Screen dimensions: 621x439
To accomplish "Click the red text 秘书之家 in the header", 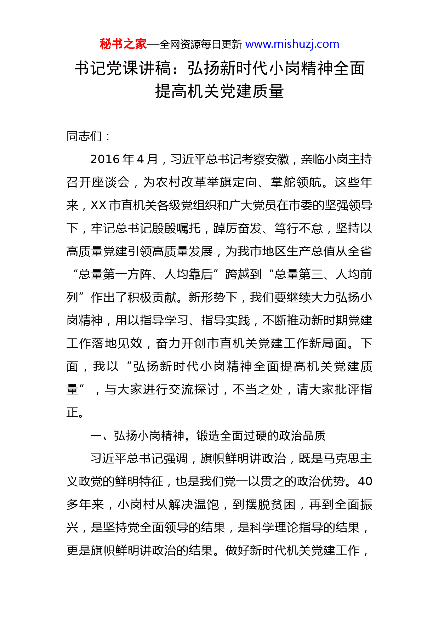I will click(123, 44).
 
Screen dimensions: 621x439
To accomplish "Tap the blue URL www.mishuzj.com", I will click(292, 44).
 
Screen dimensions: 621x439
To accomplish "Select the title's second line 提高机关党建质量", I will click(219, 91).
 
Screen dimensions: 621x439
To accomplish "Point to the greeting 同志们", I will click(84, 136).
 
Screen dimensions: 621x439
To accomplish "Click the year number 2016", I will click(105, 159).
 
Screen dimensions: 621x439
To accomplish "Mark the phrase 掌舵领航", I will click(296, 182).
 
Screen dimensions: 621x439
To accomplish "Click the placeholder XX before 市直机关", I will click(99, 205).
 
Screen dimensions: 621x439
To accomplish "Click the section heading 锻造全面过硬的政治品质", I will click(261, 435).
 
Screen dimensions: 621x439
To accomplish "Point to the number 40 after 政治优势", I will click(365, 482).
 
